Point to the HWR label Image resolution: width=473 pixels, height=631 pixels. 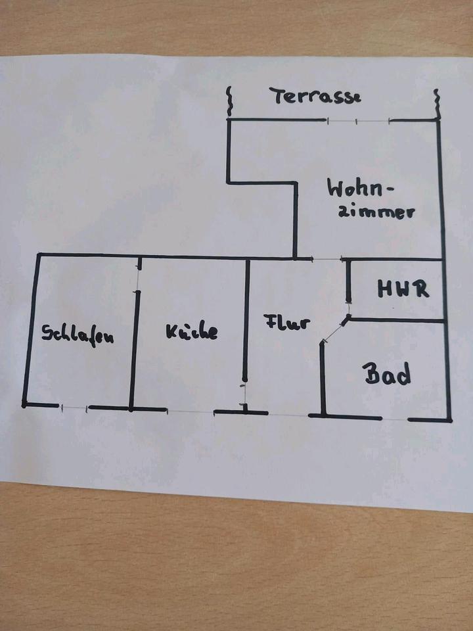click(x=403, y=289)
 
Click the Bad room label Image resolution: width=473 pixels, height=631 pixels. click(x=388, y=374)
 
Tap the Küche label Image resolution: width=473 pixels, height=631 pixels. click(x=191, y=332)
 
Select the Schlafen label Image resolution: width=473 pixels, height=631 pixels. click(x=78, y=334)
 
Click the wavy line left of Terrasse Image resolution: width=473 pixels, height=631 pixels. click(x=229, y=100)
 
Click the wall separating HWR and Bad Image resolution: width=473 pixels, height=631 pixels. click(x=397, y=320)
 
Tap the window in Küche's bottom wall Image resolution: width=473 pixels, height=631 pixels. click(x=191, y=411)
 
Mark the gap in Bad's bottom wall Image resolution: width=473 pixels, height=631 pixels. click(x=395, y=419)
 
